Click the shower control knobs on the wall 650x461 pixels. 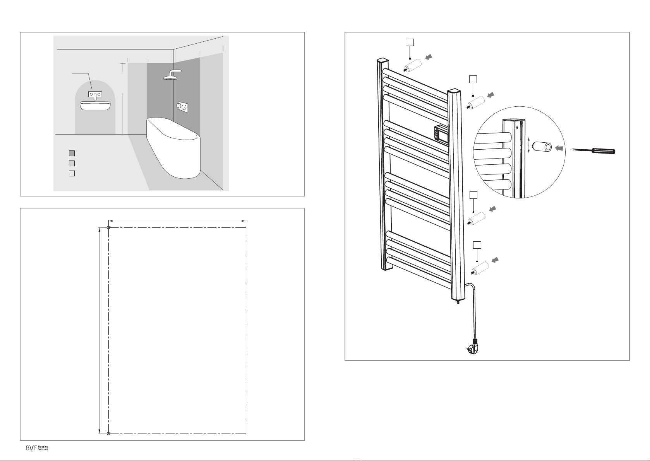[x=183, y=107]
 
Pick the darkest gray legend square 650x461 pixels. [x=72, y=153]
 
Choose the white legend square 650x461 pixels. [x=72, y=173]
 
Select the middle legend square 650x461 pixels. [x=72, y=163]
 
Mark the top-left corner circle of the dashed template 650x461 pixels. [x=108, y=228]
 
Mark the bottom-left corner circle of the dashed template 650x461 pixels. [x=108, y=434]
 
